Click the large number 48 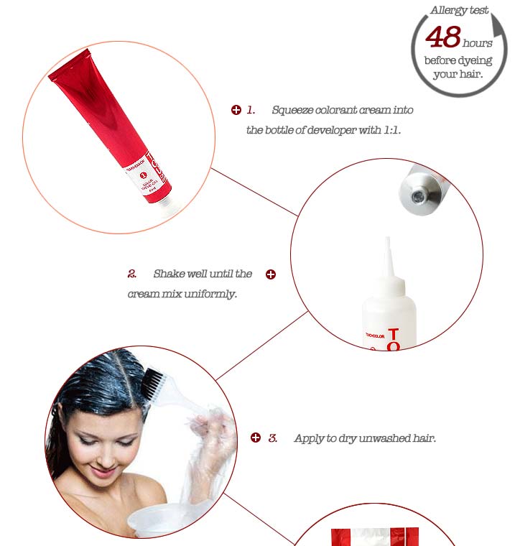click(x=442, y=37)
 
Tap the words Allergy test click(x=459, y=10)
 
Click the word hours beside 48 click(x=478, y=43)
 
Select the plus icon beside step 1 click(x=236, y=110)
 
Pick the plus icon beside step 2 click(x=271, y=274)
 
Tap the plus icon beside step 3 click(x=256, y=438)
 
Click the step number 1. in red click(x=251, y=110)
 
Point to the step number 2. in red click(x=132, y=274)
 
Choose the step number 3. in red click(x=273, y=438)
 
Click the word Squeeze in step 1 click(x=292, y=110)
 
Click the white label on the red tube click(x=152, y=180)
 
